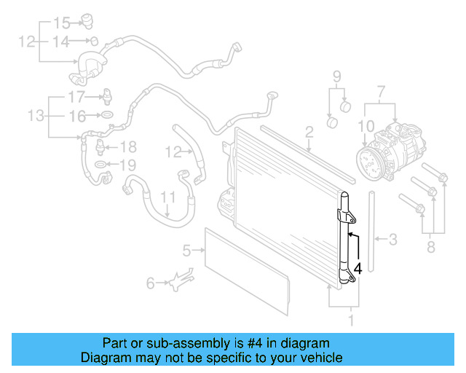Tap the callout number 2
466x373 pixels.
click(x=309, y=132)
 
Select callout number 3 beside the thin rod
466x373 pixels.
click(x=393, y=238)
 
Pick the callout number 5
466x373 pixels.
click(x=186, y=251)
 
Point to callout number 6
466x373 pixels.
click(x=151, y=283)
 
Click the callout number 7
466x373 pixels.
click(x=379, y=93)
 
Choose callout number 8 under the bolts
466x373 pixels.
click(x=430, y=248)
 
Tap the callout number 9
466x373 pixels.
click(x=337, y=76)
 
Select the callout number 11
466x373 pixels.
click(x=168, y=197)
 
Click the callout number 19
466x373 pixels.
click(x=127, y=165)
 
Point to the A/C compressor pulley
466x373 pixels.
click(x=367, y=161)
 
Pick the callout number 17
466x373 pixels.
click(x=76, y=97)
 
